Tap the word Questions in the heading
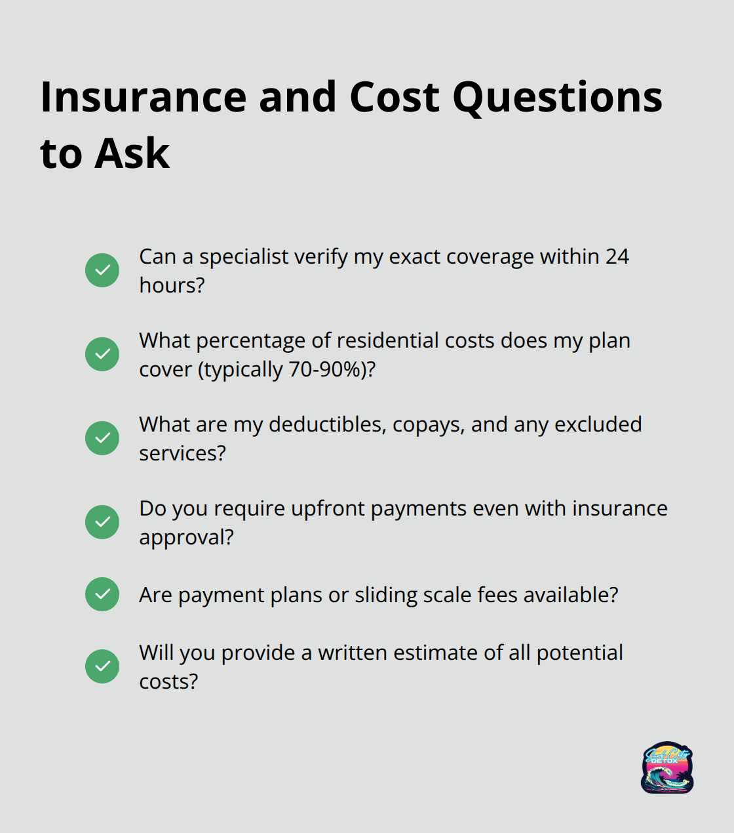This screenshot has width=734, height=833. tap(557, 98)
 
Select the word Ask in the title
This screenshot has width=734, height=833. tap(132, 154)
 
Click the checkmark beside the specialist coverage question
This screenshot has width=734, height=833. tap(102, 270)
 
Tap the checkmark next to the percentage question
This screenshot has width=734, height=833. tap(102, 354)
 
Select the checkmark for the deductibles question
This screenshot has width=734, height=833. tap(102, 438)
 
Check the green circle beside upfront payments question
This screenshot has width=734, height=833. tap(102, 522)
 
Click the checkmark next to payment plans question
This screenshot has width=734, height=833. tap(102, 594)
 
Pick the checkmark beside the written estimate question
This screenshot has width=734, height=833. tap(102, 666)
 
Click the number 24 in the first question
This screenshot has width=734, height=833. tap(617, 256)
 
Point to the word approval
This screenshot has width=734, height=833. tap(186, 538)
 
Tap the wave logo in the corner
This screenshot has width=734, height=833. tap(667, 767)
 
